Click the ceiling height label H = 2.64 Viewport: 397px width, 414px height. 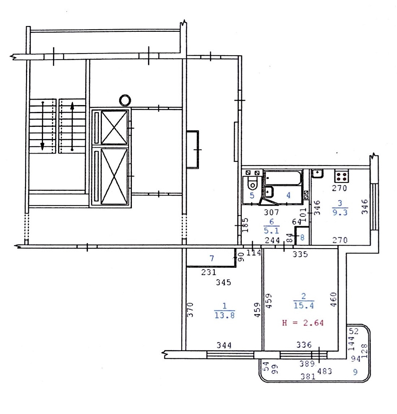[303, 323]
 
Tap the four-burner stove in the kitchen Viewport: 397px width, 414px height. [342, 176]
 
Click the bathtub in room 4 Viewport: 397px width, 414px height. [283, 178]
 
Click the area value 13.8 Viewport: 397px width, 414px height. [225, 315]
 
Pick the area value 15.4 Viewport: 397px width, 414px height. [303, 306]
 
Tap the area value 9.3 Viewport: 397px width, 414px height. [340, 212]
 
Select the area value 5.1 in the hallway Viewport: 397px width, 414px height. [271, 230]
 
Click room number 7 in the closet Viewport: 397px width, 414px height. [212, 258]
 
